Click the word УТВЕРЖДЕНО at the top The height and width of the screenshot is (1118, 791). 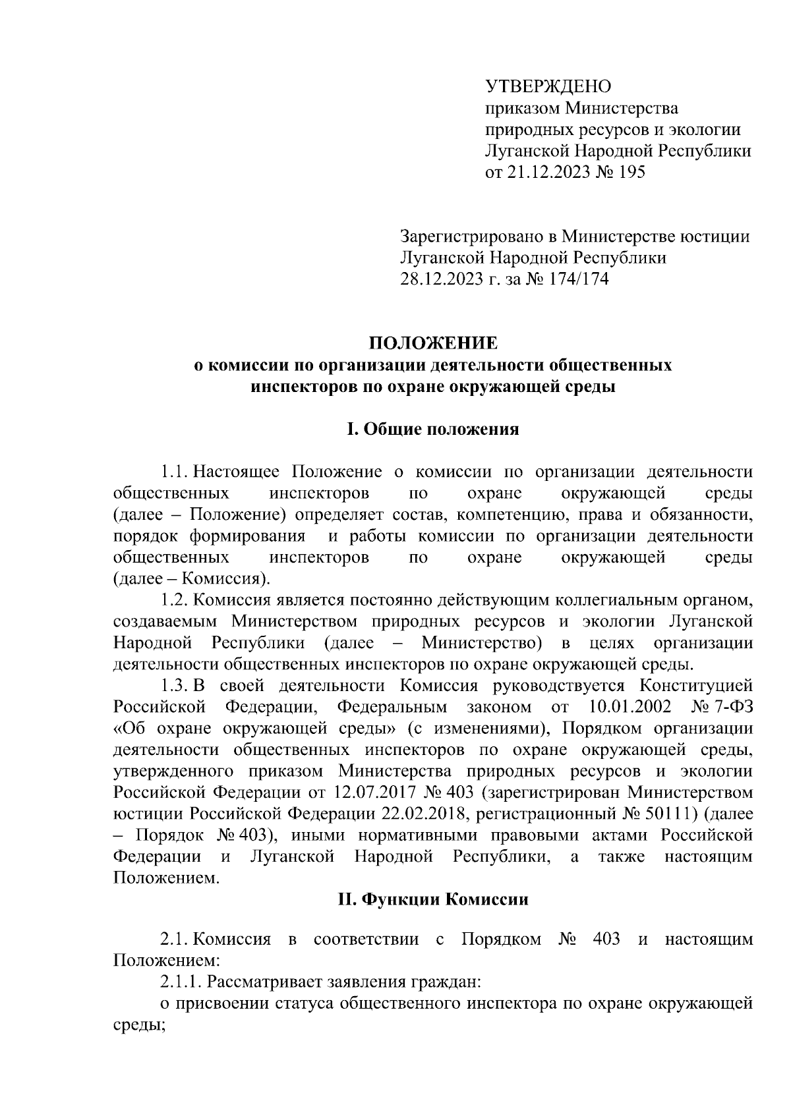548,86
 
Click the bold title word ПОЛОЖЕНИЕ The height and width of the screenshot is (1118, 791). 432,343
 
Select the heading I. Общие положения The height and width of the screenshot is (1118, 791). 432,430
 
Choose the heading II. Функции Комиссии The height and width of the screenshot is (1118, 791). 432,899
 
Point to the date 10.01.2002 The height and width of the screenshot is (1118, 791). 628,707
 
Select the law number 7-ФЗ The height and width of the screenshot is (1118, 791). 730,707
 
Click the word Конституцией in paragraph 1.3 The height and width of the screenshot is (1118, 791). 697,685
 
